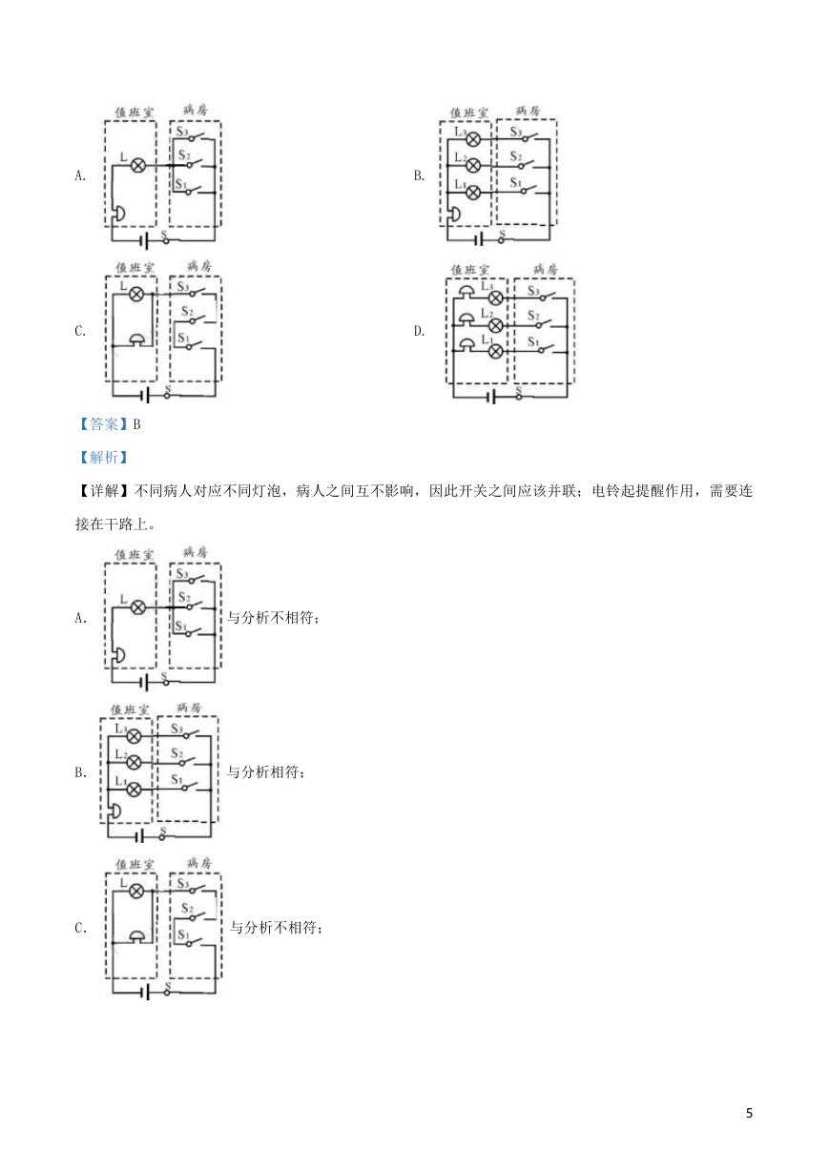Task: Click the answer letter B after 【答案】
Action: (136, 424)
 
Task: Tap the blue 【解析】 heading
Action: (104, 458)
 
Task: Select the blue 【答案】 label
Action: (104, 424)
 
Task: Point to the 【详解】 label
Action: (104, 491)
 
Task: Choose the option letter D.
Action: (419, 331)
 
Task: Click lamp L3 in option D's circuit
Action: (495, 298)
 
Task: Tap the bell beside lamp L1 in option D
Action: (466, 344)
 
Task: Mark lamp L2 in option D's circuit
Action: (495, 325)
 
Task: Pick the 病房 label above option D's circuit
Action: (545, 269)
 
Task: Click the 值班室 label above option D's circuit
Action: (469, 270)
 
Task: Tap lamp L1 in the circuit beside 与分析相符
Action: (134, 789)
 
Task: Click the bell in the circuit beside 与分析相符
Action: (114, 811)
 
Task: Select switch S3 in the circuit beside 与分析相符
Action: (188, 734)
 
